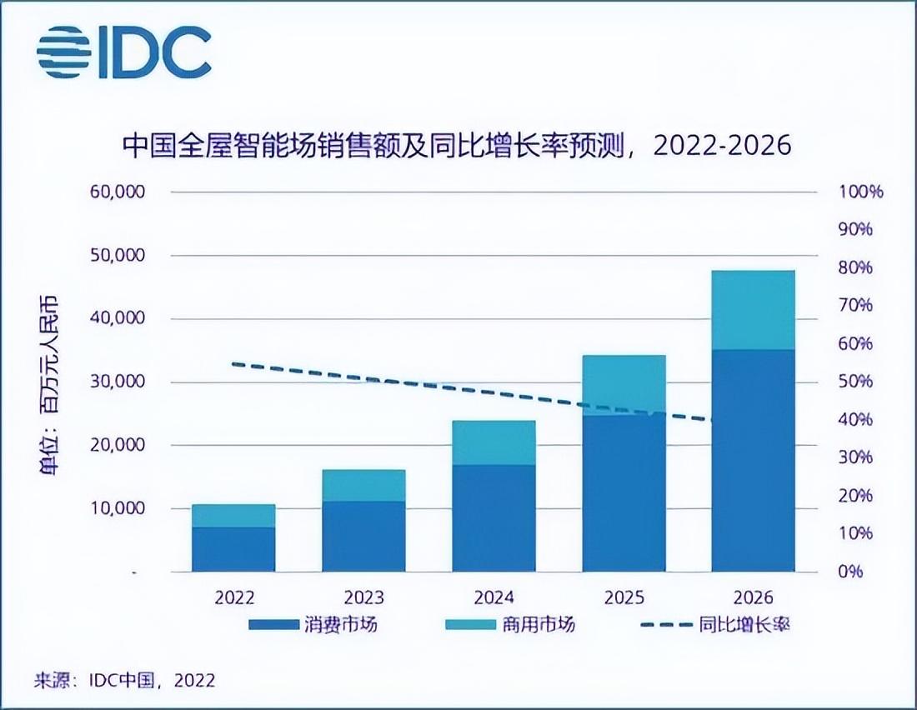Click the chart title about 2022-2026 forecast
point(457,147)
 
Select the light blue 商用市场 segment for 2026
point(753,310)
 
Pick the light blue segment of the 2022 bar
point(233,516)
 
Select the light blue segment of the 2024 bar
point(494,442)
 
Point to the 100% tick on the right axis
point(859,192)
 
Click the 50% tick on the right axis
point(856,382)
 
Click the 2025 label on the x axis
point(624,597)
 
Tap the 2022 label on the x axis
point(233,597)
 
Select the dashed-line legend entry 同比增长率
point(714,625)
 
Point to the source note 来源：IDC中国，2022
point(125,680)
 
